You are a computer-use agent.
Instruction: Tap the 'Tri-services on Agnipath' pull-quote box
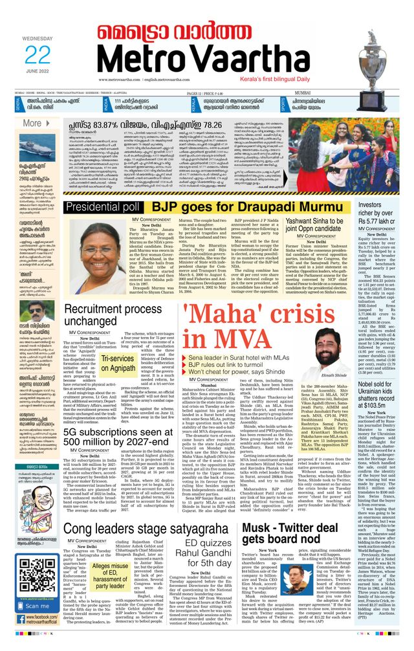pyautogui.click(x=116, y=362)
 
